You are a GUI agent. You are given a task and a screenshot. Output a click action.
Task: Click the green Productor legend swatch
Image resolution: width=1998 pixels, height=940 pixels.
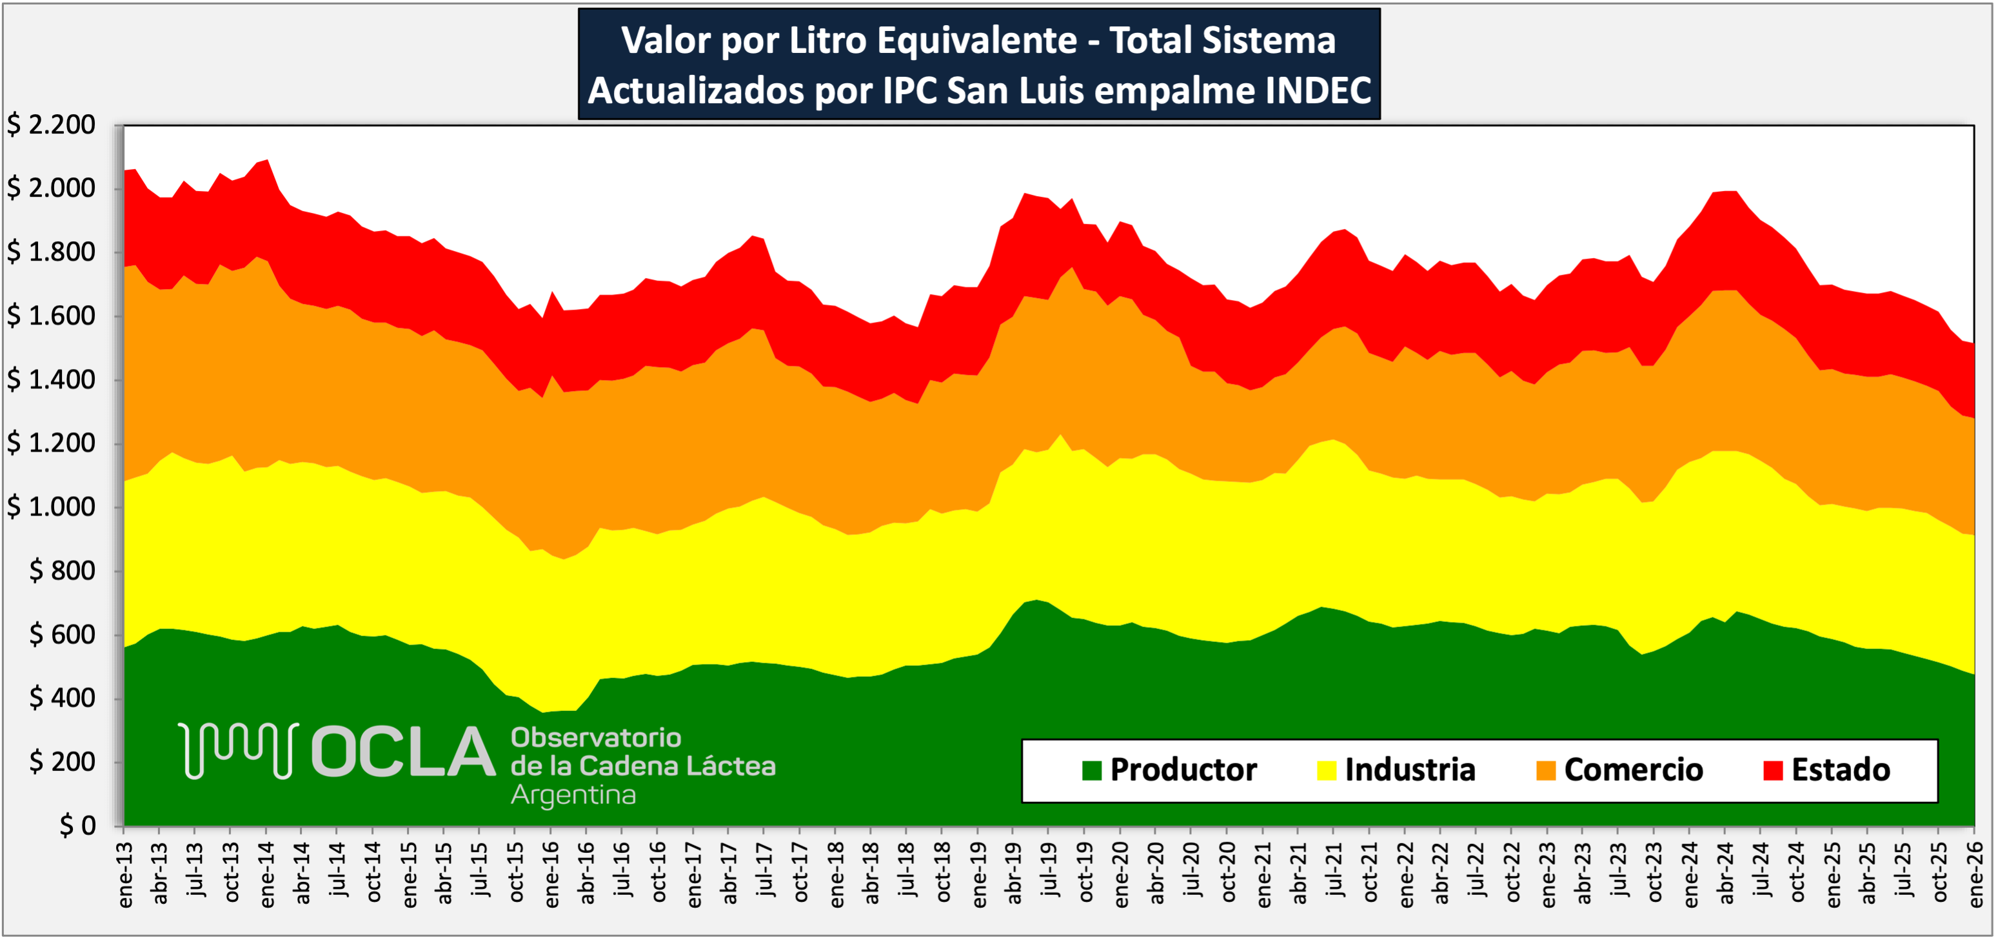click(x=1091, y=770)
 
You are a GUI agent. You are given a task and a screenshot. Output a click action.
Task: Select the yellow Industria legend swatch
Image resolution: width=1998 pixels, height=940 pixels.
click(x=1327, y=770)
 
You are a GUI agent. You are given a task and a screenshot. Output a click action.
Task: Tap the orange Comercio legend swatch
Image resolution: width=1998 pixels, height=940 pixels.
click(x=1546, y=770)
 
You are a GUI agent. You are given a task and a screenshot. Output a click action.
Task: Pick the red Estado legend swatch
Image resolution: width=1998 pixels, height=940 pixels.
click(x=1773, y=770)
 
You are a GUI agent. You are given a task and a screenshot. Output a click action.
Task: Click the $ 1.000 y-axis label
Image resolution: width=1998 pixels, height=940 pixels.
click(x=51, y=507)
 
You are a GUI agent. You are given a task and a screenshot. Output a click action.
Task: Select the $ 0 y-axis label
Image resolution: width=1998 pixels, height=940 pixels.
click(x=77, y=825)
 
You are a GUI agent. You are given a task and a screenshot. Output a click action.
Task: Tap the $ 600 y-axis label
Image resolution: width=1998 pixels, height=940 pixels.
click(x=62, y=634)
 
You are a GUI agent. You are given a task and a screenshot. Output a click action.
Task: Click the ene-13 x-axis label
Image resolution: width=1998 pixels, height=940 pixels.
click(x=126, y=875)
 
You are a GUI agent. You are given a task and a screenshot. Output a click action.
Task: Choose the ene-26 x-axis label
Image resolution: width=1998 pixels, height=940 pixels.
click(x=1975, y=875)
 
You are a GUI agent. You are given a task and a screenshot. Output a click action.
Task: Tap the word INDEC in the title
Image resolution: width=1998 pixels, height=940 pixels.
click(x=1318, y=91)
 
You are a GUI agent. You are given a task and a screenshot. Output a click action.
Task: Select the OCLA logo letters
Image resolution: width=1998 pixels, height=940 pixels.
click(x=402, y=752)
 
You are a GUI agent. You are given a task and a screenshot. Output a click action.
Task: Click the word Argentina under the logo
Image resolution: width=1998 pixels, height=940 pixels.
click(x=573, y=795)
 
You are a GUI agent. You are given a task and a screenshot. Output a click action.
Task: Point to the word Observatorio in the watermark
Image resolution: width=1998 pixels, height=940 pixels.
click(x=596, y=737)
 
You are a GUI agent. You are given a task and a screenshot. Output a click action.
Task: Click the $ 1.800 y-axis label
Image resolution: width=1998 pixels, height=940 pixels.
click(x=51, y=252)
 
